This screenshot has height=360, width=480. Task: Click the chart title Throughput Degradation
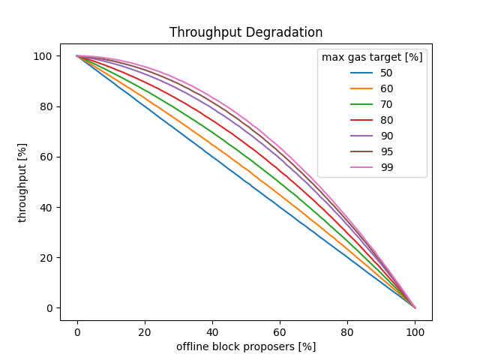click(246, 33)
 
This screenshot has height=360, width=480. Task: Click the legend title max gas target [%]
click(372, 57)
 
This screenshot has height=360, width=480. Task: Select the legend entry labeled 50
click(385, 73)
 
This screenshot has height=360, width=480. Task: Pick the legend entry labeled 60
click(385, 88)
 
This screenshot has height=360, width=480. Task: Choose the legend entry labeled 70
click(385, 104)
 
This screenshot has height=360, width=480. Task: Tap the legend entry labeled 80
click(385, 120)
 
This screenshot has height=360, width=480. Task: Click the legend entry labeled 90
click(385, 136)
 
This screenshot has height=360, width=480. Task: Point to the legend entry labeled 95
click(385, 151)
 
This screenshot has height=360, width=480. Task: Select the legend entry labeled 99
click(385, 167)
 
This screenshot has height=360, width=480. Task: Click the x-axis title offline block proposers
click(246, 346)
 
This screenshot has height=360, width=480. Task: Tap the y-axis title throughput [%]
click(22, 182)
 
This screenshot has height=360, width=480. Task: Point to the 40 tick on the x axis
click(212, 331)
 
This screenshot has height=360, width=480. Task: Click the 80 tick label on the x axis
click(347, 331)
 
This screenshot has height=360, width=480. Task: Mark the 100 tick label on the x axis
click(415, 331)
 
